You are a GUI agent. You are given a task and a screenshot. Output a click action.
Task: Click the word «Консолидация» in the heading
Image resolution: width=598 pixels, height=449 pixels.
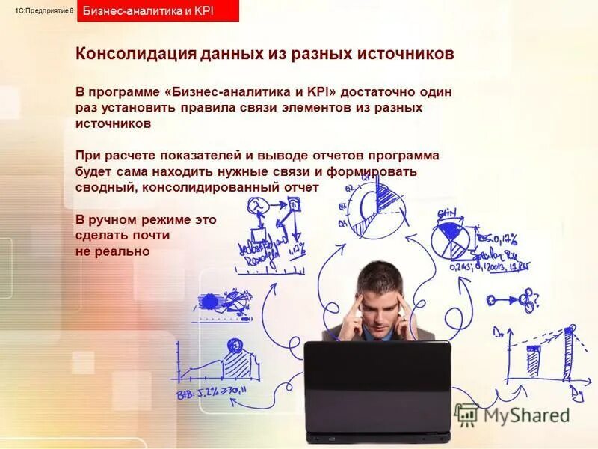[x=134, y=55]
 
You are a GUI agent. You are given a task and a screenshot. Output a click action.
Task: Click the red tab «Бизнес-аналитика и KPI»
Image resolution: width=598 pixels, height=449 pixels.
[x=158, y=11]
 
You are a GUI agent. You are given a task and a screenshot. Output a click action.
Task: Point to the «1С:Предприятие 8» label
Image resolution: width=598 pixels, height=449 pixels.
[x=44, y=10]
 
